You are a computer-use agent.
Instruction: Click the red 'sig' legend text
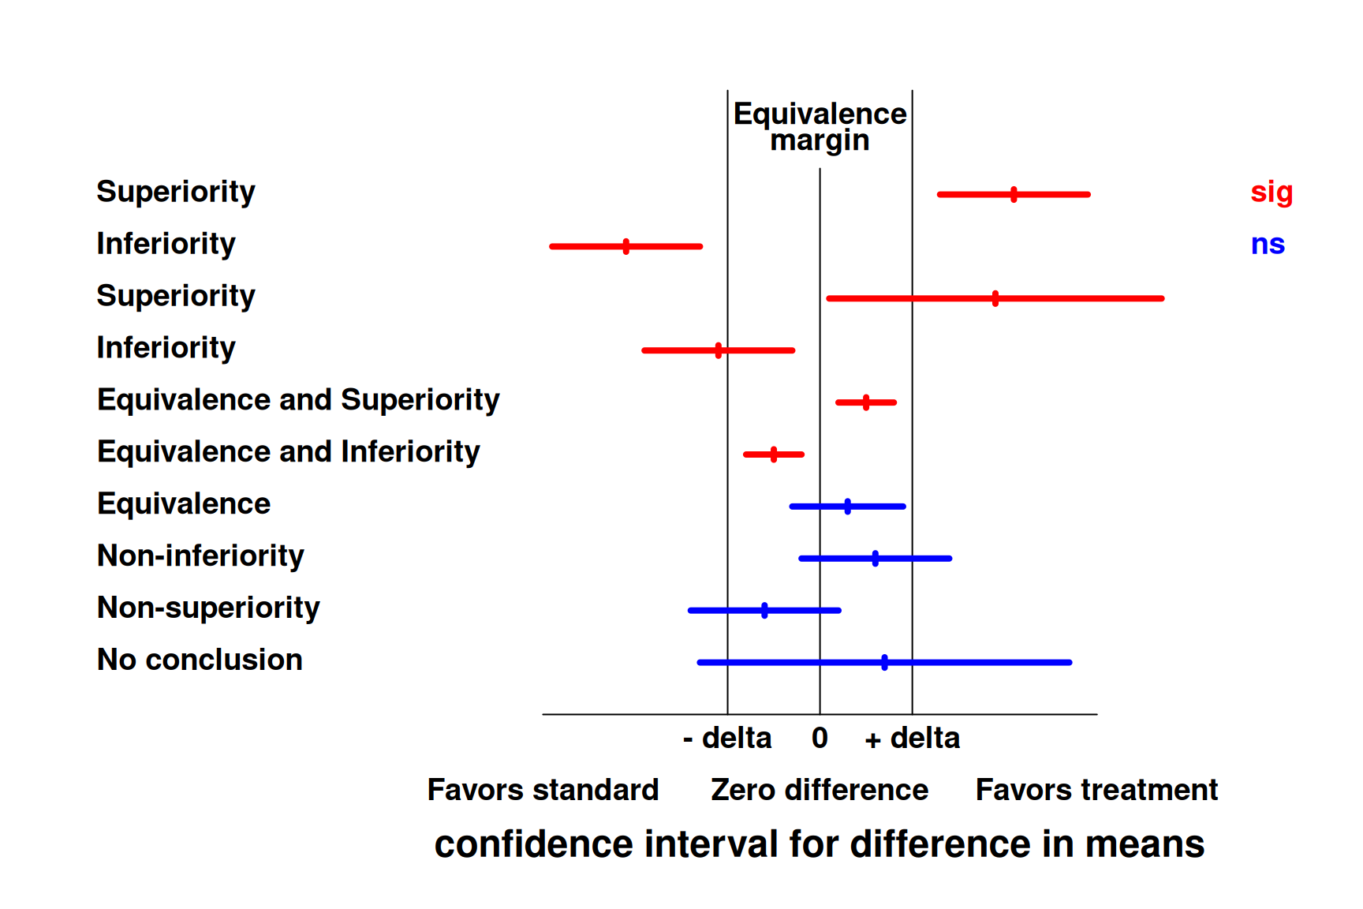click(1271, 192)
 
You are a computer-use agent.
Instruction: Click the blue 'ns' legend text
click(1268, 244)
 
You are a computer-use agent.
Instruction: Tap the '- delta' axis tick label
click(727, 739)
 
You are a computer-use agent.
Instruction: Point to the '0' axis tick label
click(820, 739)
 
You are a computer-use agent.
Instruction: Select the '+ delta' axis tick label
click(913, 739)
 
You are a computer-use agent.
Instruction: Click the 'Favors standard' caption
click(543, 790)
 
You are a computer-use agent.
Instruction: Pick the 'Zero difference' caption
click(820, 790)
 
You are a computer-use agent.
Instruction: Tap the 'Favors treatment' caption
click(1096, 790)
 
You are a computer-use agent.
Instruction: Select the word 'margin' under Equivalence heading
click(820, 140)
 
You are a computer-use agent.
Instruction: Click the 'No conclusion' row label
click(200, 660)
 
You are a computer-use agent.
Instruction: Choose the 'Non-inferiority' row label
click(200, 556)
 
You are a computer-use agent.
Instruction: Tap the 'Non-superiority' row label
click(208, 608)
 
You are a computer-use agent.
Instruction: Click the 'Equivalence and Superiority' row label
click(298, 400)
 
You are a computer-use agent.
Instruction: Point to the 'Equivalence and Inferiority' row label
click(289, 452)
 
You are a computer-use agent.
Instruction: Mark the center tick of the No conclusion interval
click(884, 662)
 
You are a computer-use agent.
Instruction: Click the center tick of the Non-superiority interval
click(764, 610)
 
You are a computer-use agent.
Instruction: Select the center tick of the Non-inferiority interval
click(876, 558)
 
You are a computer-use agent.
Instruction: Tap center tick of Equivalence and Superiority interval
click(866, 402)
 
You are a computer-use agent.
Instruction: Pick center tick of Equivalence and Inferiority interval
click(774, 454)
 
